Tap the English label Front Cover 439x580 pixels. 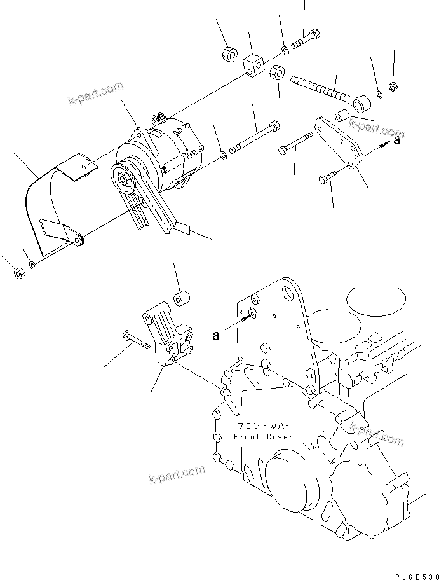point(263,437)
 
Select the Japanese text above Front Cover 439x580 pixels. point(263,427)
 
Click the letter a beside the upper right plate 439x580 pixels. point(397,142)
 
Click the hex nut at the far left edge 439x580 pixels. point(18,273)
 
